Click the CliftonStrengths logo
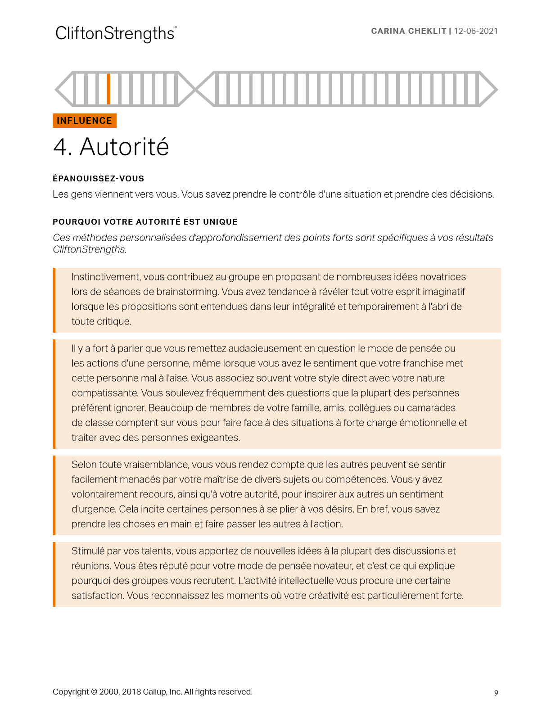pos(116,34)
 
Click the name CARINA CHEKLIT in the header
pos(408,31)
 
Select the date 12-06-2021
pos(476,31)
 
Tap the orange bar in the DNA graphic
pos(108,89)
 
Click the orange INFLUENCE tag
pos(85,121)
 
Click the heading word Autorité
pos(124,147)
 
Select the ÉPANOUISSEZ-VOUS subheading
pos(98,179)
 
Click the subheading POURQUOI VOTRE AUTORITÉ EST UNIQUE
pos(145,222)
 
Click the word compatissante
pos(104,393)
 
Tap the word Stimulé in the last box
pos(88,551)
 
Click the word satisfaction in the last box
pos(97,596)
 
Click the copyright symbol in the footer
pos(94,692)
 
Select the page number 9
pos(496,693)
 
